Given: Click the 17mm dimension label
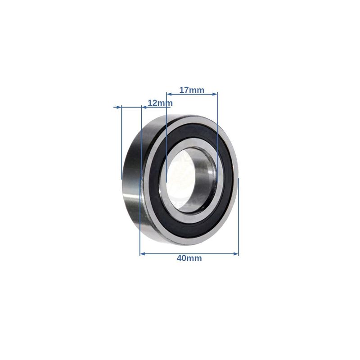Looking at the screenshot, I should (x=192, y=90).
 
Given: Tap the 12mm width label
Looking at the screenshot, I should (x=160, y=103).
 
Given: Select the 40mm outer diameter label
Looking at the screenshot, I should (x=189, y=258).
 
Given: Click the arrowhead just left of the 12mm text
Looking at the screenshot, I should (x=144, y=107).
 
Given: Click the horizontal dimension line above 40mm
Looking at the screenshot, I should (x=189, y=254).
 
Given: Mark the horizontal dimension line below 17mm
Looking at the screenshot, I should (x=192, y=94).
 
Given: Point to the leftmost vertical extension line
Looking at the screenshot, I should (x=121, y=144).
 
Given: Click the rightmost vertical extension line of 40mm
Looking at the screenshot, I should (x=238, y=216).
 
